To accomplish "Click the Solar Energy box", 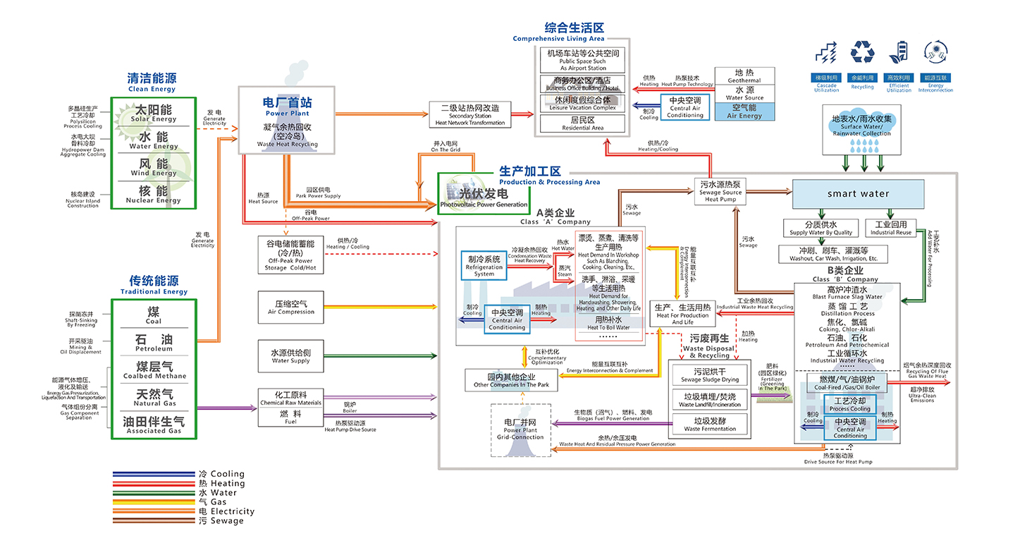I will pos(154,114).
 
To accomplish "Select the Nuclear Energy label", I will pos(154,195).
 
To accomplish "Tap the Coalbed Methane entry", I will pos(154,370).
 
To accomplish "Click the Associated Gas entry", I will pos(154,425).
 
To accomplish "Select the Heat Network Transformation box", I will pos(469,115).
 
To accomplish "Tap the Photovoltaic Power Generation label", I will pos(483,197).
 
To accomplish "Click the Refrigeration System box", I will pos(484,266).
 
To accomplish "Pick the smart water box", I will pos(858,194).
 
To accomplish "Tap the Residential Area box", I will pos(582,123).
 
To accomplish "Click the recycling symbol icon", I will pos(862,52).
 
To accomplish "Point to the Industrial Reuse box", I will pos(890,229).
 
